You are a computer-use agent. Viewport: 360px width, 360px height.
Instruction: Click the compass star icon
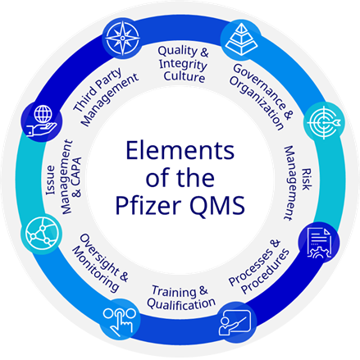(x=123, y=38)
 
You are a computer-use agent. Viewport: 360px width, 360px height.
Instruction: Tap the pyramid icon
(x=241, y=39)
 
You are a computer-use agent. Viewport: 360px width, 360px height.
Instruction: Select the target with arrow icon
(x=324, y=122)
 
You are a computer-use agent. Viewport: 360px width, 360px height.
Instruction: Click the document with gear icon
(x=319, y=243)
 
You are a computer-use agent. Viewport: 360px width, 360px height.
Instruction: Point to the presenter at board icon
(x=235, y=322)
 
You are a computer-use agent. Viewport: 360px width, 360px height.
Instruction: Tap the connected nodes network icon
(x=42, y=235)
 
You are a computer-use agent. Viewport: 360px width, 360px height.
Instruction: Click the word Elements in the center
(x=180, y=151)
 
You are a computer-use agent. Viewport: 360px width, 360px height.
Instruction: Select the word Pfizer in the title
(x=148, y=205)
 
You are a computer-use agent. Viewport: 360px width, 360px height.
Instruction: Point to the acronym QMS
(x=217, y=206)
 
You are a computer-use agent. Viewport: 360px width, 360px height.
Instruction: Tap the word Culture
(x=185, y=76)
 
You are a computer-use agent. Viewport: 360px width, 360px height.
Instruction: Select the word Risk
(x=307, y=180)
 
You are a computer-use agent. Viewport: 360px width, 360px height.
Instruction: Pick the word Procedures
(x=266, y=271)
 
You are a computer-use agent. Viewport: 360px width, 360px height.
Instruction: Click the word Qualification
(x=181, y=304)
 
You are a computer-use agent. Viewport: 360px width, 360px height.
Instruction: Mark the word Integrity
(x=183, y=65)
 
